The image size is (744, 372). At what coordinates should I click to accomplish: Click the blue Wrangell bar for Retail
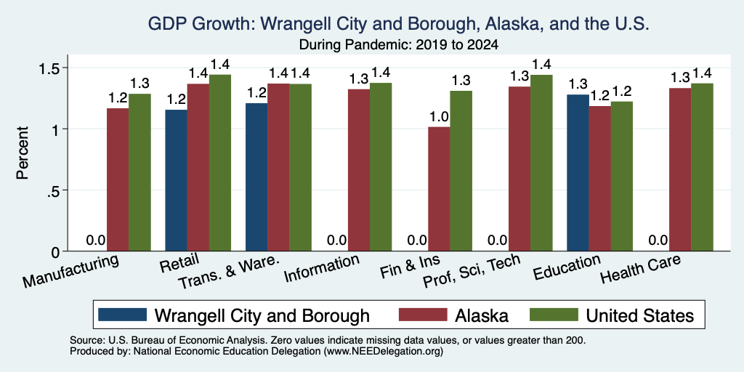click(176, 180)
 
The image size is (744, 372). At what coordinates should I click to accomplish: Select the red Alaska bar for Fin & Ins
click(439, 189)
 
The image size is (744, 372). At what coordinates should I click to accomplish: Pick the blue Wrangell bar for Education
click(578, 173)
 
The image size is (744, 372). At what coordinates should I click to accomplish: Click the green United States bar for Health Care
click(703, 167)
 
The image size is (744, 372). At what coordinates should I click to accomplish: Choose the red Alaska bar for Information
click(359, 170)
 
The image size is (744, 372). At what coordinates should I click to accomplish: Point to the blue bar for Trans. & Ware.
click(256, 177)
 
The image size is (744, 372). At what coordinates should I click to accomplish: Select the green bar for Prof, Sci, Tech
click(541, 163)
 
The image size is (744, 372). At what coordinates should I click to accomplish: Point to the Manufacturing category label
click(70, 271)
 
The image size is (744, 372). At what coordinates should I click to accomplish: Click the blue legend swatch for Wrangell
click(123, 315)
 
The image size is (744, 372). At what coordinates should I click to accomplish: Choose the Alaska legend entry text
click(482, 315)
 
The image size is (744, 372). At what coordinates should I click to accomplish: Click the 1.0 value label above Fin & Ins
click(439, 118)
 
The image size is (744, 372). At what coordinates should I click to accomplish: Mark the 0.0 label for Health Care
click(658, 240)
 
